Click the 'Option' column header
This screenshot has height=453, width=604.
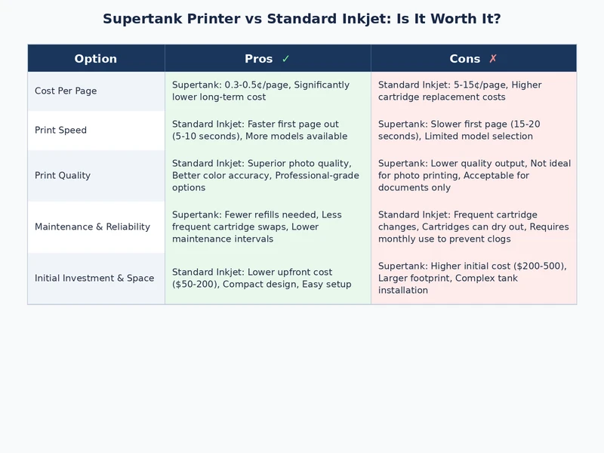96,59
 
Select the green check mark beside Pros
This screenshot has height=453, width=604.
285,59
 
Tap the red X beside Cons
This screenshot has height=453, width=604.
493,59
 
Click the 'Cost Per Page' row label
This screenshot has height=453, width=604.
66,91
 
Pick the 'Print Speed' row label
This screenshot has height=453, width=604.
60,131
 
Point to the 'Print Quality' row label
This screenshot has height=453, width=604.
63,176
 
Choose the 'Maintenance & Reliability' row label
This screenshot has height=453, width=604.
92,227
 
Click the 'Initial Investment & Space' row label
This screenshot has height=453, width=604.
94,279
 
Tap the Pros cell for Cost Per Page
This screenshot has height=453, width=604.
267,91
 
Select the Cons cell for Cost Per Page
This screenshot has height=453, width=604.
473,91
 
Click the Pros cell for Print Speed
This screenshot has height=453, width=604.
267,131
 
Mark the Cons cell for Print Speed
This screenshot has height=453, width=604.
473,131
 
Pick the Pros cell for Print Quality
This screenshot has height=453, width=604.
267,176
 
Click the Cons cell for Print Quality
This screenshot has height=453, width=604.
473,176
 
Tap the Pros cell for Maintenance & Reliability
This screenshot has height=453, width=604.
267,227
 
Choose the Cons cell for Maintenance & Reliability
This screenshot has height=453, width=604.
473,227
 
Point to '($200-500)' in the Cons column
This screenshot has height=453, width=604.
538,267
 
